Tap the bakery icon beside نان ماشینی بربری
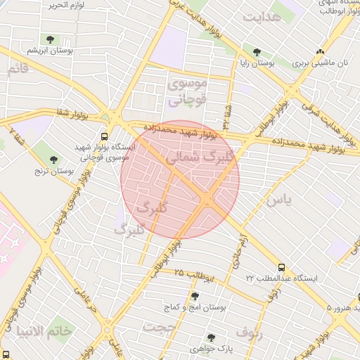pyautogui.click(x=321, y=51)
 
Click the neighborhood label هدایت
pyautogui.click(x=280, y=17)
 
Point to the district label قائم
pyautogui.click(x=18, y=69)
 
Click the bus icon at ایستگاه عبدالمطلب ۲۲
pyautogui.click(x=281, y=267)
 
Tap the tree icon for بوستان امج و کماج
pyautogui.click(x=195, y=296)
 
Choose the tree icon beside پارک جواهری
pyautogui.click(x=228, y=337)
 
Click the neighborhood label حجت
pyautogui.click(x=158, y=326)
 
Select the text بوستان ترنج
pyautogui.click(x=55, y=171)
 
